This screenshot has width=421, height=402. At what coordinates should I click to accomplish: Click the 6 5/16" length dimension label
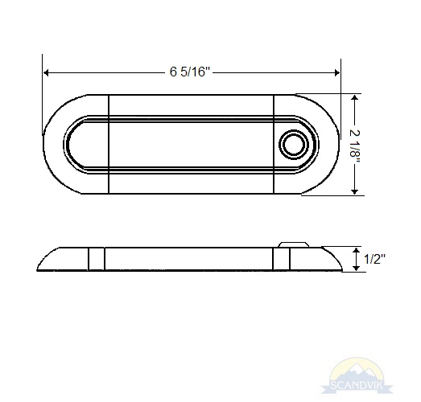189,72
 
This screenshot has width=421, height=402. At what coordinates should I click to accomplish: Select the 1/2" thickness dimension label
374,260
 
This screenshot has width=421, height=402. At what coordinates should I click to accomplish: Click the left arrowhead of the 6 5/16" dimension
46,72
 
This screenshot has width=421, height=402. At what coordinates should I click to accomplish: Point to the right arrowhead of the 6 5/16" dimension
336,72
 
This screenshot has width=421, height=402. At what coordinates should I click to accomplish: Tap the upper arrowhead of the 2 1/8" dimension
355,97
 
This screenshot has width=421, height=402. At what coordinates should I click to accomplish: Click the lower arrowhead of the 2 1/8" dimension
355,191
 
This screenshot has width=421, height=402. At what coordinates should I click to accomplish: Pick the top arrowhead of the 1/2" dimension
356,251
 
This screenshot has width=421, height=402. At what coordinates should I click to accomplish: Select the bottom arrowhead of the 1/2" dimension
356,268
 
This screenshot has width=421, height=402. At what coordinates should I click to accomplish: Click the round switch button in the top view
294,145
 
